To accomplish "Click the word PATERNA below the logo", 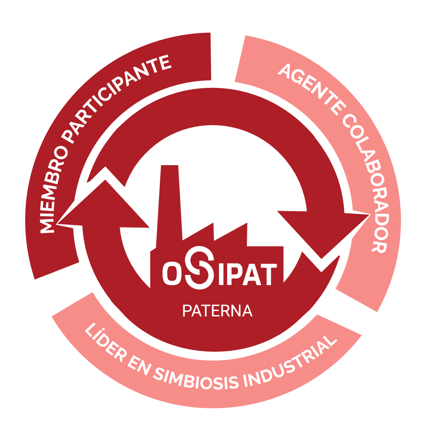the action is coord(217,311).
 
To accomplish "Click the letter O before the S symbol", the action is coord(172,273).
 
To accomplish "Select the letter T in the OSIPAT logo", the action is coord(268,274).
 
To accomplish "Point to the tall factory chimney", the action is coord(169,206).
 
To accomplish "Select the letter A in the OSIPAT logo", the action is coord(252,274).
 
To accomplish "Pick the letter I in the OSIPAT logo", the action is coord(222,274).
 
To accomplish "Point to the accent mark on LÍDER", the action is coord(103,329).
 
